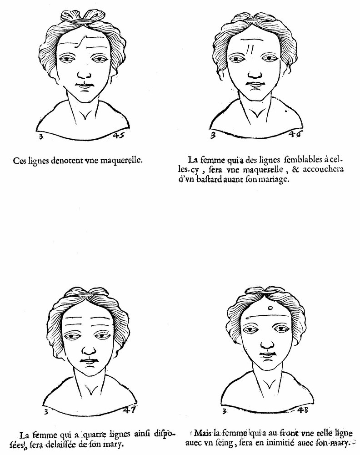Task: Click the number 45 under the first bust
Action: click(119, 135)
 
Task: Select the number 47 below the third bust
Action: click(130, 409)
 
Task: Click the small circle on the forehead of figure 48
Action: click(270, 308)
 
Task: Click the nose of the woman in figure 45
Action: click(85, 74)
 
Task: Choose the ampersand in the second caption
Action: click(295, 169)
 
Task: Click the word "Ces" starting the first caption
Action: click(20, 161)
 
